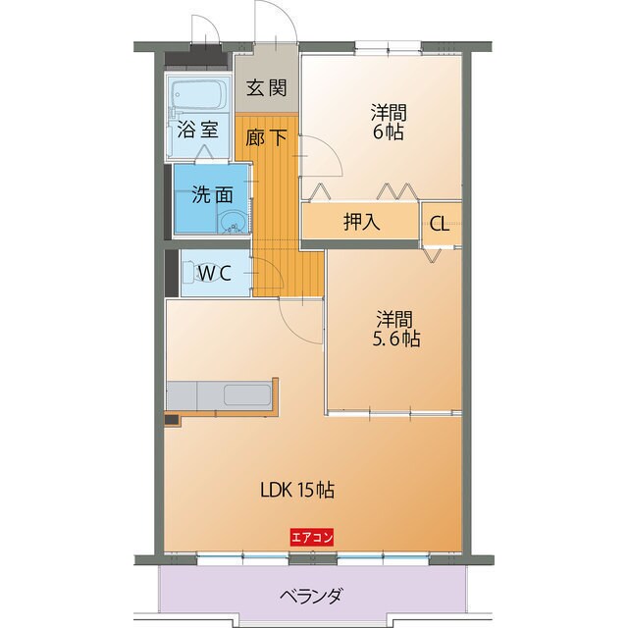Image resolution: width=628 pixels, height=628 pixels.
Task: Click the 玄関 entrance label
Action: tap(267, 88)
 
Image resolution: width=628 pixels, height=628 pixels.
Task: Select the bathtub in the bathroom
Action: tap(199, 96)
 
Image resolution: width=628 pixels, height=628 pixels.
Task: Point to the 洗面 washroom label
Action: tap(211, 193)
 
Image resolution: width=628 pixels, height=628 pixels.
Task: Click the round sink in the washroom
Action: tap(233, 223)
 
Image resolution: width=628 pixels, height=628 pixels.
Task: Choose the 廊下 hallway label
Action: tap(267, 138)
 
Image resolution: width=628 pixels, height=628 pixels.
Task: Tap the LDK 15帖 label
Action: tap(304, 489)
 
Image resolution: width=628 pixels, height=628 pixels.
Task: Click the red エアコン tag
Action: tap(312, 537)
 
